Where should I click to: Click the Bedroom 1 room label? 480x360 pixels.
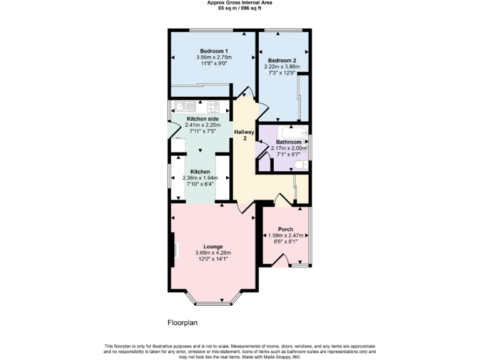[214, 51]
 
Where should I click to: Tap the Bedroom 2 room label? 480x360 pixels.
[282, 60]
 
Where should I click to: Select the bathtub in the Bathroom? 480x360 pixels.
[292, 133]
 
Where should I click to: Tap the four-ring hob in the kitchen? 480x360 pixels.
[213, 106]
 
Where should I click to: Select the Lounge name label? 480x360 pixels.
[213, 246]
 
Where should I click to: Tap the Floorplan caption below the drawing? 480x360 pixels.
[182, 323]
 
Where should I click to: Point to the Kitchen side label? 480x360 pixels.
[202, 119]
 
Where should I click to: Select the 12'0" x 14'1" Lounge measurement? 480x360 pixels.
[213, 259]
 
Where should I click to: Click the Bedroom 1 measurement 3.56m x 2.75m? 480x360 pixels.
[214, 57]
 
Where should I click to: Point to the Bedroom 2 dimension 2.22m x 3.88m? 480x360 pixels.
[282, 66]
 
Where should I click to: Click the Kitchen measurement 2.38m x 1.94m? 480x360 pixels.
[200, 177]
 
